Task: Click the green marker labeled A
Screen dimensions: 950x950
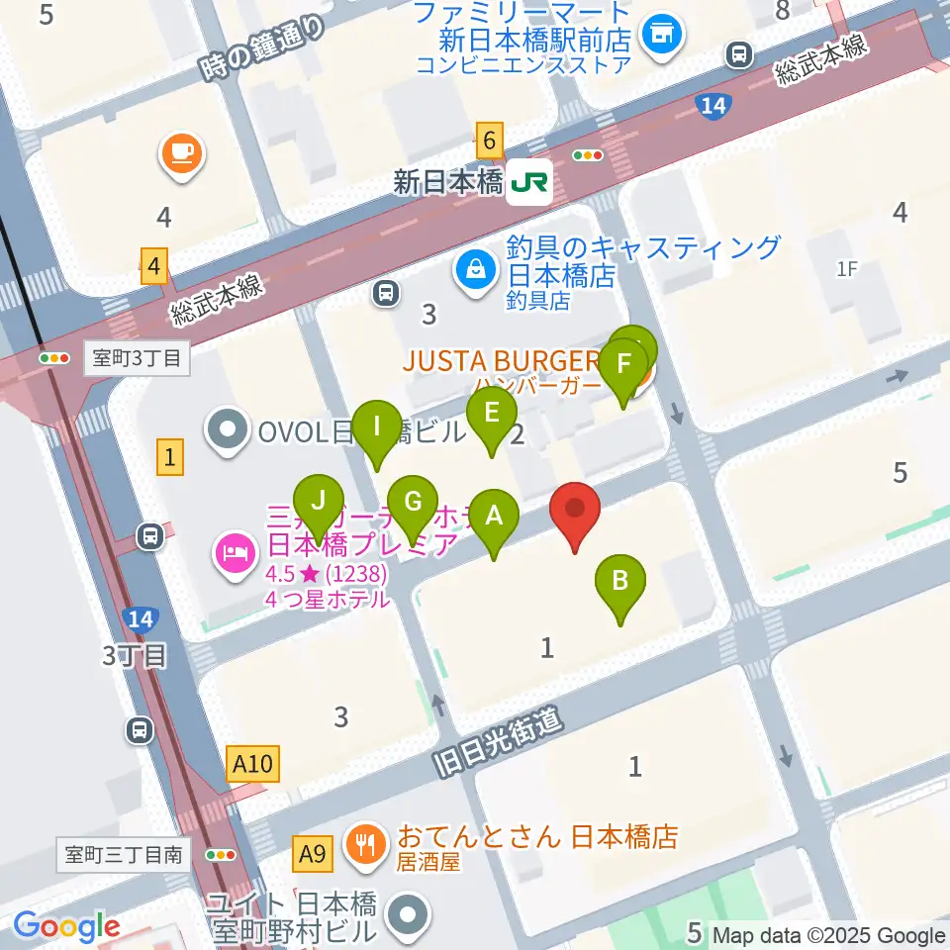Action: click(494, 517)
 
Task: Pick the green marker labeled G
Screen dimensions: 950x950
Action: click(413, 502)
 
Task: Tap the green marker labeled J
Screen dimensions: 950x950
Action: click(318, 502)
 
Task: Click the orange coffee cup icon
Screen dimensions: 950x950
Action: click(181, 153)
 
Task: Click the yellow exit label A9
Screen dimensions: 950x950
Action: click(313, 850)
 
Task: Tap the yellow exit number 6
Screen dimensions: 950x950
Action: click(489, 141)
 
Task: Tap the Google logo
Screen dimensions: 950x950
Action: click(66, 927)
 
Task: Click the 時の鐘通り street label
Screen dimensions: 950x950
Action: click(261, 48)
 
